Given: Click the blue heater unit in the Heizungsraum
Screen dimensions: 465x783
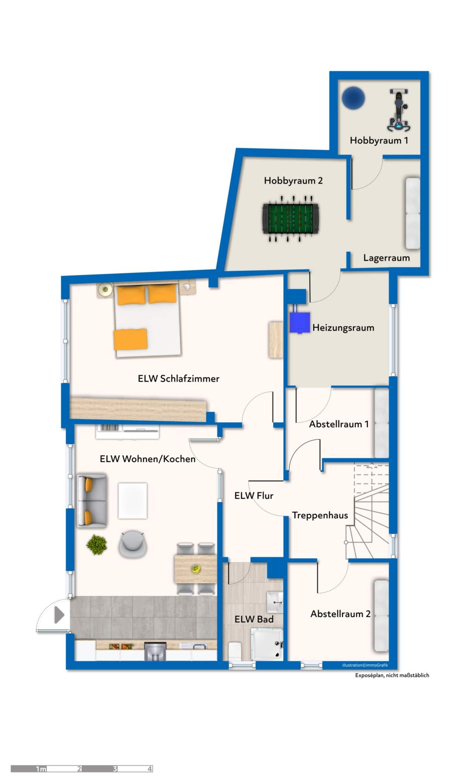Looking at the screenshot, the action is (x=300, y=322).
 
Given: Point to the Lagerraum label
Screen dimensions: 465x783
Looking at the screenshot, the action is (x=386, y=258).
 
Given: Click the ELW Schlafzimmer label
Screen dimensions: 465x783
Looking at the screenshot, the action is (x=179, y=379).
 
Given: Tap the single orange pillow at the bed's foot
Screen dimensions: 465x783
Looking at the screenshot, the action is (x=131, y=339).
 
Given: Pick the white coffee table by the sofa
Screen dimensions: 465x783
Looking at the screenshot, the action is (x=133, y=500).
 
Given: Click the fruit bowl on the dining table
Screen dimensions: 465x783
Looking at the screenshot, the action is (x=196, y=569).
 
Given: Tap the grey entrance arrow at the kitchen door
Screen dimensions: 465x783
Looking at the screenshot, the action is (x=59, y=615).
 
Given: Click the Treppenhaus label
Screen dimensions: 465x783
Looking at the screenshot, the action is (x=320, y=515).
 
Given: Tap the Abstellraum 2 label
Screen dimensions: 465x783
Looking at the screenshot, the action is (x=340, y=614).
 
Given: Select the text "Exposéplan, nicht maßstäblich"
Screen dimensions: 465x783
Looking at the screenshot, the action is (x=392, y=675).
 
